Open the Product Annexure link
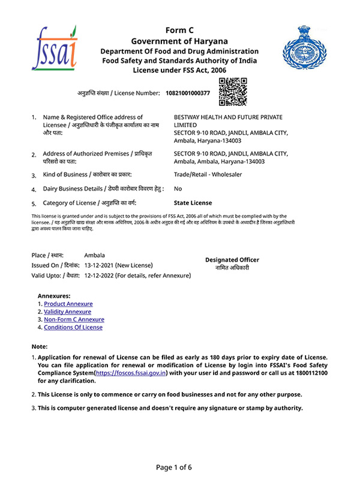pos(68,304)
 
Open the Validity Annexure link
pos(68,312)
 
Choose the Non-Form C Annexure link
pos(74,320)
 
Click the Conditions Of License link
pos(73,328)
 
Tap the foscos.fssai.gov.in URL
pos(130,373)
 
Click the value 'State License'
pos(193,203)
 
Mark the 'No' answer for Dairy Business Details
pos(178,189)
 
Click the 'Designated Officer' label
pos(232,260)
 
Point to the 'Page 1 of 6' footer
pos(179,468)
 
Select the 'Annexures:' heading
pos(54,296)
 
